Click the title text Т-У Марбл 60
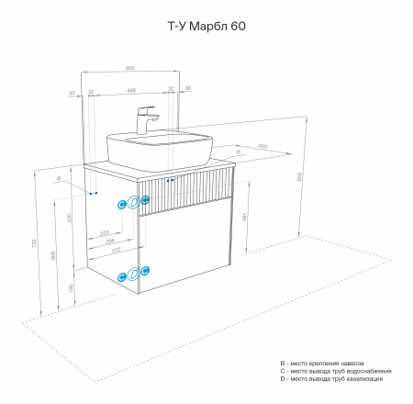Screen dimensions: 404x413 tap(206, 27)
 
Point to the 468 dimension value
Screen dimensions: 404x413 tap(131, 90)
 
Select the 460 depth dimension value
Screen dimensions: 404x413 tap(262, 146)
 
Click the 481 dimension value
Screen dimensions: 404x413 tap(243, 218)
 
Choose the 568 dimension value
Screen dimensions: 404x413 tap(53, 254)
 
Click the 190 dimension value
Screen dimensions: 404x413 tap(72, 288)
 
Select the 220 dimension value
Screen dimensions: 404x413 tap(105, 232)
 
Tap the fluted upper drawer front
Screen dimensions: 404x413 tap(184, 194)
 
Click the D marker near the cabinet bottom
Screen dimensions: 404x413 tap(133, 273)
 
